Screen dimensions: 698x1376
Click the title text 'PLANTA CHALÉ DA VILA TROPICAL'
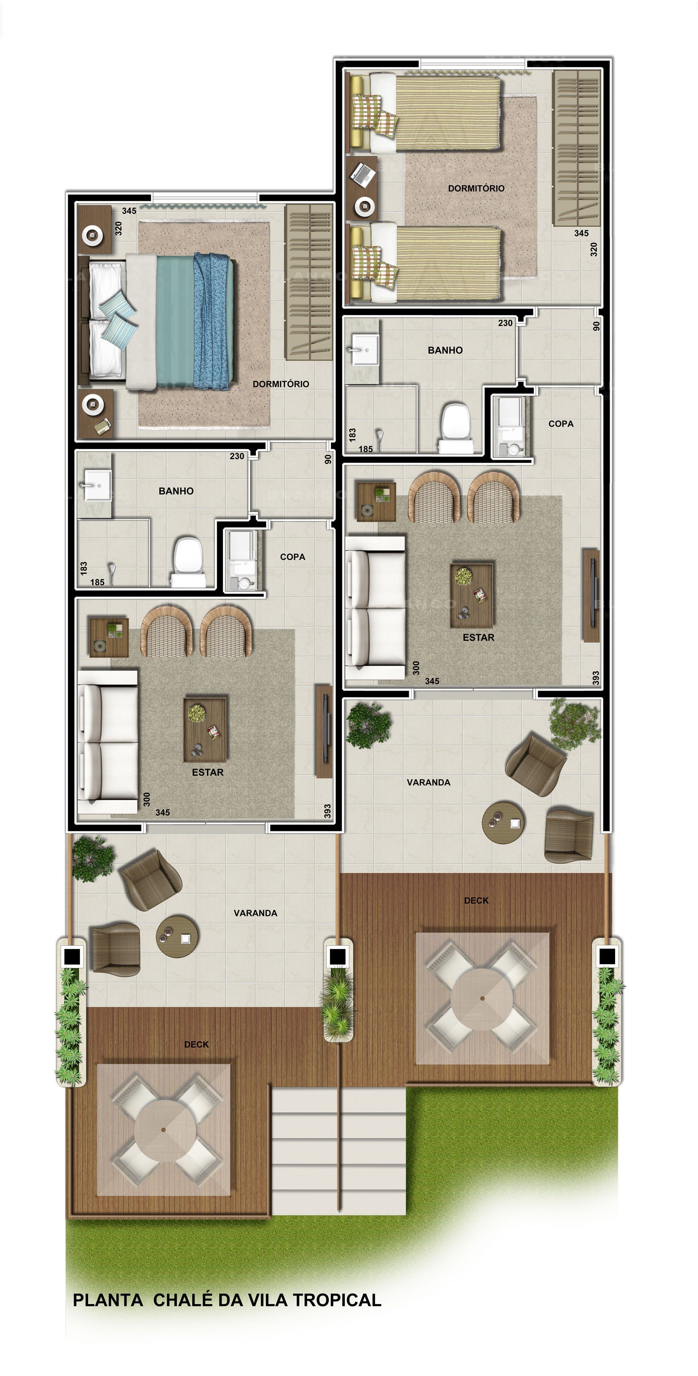pyautogui.click(x=227, y=1300)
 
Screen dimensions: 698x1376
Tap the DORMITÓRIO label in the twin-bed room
pyautogui.click(x=476, y=188)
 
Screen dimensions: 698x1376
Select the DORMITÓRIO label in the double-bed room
pyautogui.click(x=281, y=384)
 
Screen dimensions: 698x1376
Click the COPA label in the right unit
pyautogui.click(x=561, y=424)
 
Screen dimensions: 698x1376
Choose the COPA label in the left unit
pyautogui.click(x=292, y=557)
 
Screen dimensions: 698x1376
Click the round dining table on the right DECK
pyautogui.click(x=482, y=997)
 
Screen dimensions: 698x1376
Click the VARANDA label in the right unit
pyautogui.click(x=429, y=782)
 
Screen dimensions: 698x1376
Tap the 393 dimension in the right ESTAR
pyautogui.click(x=595, y=678)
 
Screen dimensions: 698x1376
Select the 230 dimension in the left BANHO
pyautogui.click(x=237, y=456)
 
